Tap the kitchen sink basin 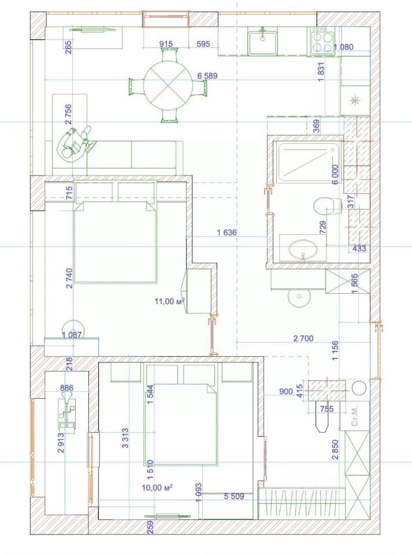tap(263, 42)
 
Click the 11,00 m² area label tap(169, 301)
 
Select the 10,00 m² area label tap(158, 488)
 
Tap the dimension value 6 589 tap(207, 76)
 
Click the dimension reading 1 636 tap(227, 233)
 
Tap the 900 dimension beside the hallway tap(285, 391)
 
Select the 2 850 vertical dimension tap(335, 447)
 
